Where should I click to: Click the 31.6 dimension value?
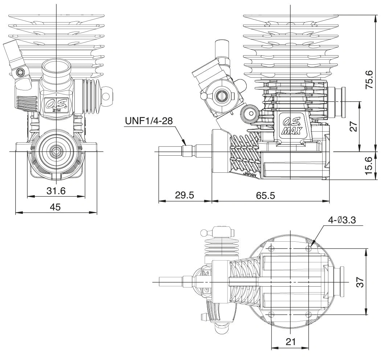[57, 191]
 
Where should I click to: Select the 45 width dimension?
[55, 207]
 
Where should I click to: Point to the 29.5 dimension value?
[184, 195]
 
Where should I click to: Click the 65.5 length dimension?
[265, 195]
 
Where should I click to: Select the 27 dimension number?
[354, 126]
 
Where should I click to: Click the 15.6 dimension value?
[369, 165]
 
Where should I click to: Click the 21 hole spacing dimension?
[290, 342]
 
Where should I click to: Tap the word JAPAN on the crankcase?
[251, 175]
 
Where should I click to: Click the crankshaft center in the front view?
[57, 151]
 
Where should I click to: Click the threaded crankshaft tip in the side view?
[171, 151]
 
